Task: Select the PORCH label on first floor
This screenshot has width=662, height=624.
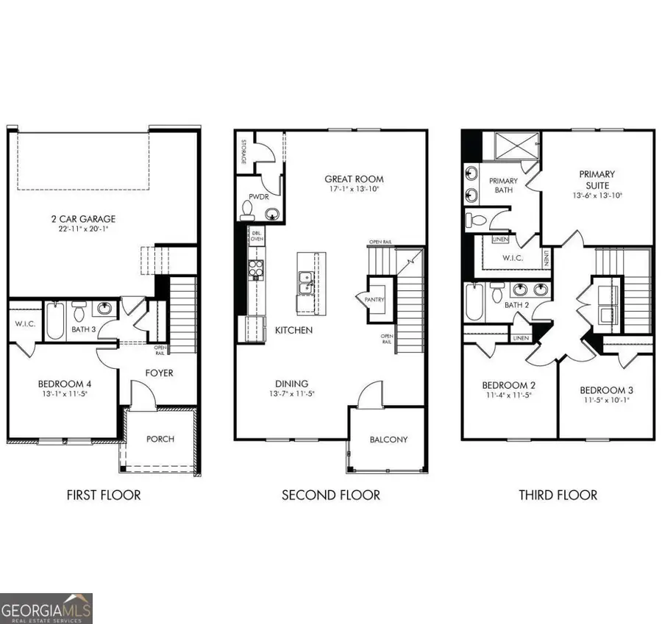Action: click(x=160, y=439)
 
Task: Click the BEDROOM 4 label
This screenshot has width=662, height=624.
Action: click(x=65, y=383)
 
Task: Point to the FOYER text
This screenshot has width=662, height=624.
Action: click(x=159, y=373)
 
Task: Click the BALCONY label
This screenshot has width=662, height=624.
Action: click(x=388, y=440)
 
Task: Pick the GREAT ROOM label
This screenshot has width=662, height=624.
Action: click(x=355, y=179)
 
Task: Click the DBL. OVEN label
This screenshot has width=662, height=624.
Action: click(x=257, y=236)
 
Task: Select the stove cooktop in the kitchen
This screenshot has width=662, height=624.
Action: click(x=255, y=270)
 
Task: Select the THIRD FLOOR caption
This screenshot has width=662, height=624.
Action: click(x=558, y=495)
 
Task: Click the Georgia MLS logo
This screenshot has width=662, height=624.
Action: click(x=46, y=608)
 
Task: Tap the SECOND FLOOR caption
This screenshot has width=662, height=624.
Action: click(x=331, y=495)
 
